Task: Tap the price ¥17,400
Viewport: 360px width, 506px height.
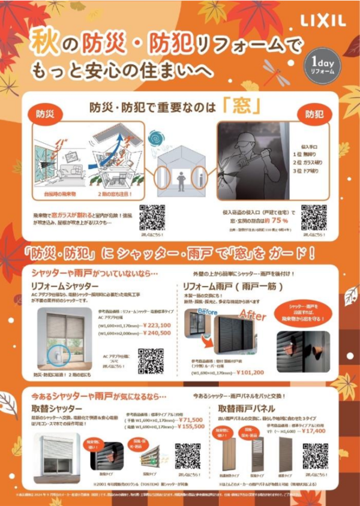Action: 304,430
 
